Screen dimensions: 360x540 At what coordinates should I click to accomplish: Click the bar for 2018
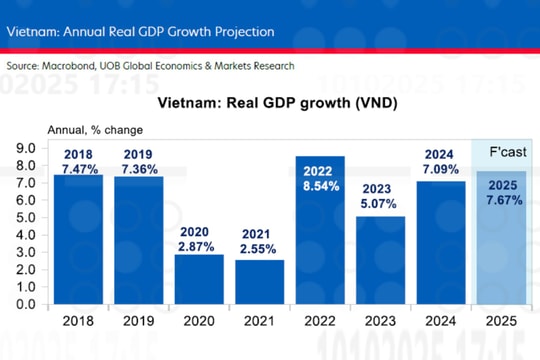tap(78, 250)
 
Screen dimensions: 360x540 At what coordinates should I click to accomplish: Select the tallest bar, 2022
tap(320, 250)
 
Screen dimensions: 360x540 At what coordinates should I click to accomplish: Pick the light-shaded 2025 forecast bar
tap(501, 250)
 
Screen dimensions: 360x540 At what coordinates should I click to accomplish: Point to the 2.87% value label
tap(199, 245)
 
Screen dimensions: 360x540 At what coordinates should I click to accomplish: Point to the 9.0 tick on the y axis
tap(24, 148)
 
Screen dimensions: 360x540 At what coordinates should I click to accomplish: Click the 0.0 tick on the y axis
tap(24, 304)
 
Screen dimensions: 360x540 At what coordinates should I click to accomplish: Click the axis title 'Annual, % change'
tap(95, 130)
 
